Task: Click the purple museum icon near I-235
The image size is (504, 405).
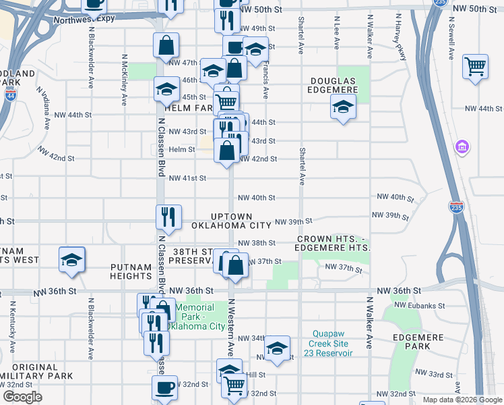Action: pyautogui.click(x=462, y=146)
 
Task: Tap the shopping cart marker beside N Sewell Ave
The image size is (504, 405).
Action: pyautogui.click(x=476, y=67)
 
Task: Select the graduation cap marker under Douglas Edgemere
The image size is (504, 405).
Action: pyautogui.click(x=343, y=107)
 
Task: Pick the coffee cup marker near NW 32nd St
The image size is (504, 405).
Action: pyautogui.click(x=165, y=388)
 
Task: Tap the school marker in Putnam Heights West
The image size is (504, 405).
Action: pyautogui.click(x=71, y=261)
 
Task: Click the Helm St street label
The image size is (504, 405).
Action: pyautogui.click(x=182, y=150)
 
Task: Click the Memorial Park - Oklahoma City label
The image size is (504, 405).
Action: pyautogui.click(x=200, y=317)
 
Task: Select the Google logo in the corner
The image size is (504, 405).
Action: pyautogui.click(x=22, y=397)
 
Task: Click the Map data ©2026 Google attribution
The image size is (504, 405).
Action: pyautogui.click(x=462, y=400)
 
